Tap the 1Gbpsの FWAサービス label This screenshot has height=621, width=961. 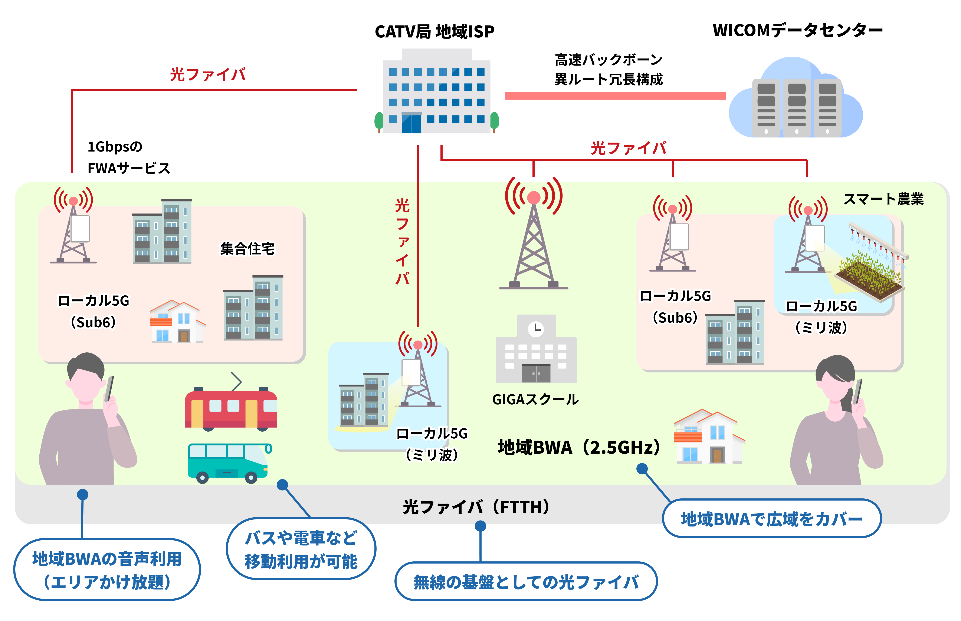128,157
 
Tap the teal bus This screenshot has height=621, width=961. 228,462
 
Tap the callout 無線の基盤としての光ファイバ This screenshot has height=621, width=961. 526,581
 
